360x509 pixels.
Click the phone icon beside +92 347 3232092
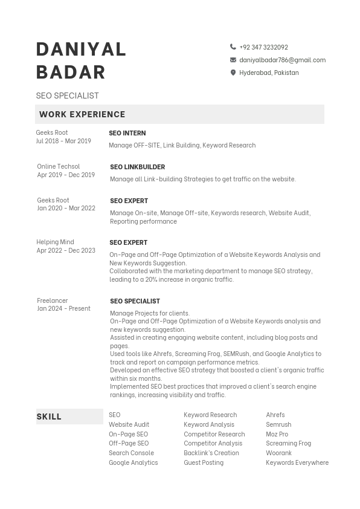(233, 47)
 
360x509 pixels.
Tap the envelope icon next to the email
(233, 60)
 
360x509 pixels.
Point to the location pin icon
(233, 73)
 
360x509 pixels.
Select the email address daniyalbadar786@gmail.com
(282, 60)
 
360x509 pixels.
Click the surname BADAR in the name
(71, 72)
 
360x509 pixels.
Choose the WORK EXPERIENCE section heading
(82, 114)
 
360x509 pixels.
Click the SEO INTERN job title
(127, 133)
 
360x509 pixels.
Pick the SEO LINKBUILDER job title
(137, 167)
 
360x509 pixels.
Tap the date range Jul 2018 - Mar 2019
(63, 141)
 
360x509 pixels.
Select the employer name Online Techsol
(58, 166)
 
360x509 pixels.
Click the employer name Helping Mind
(55, 242)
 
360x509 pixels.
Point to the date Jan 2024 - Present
(63, 308)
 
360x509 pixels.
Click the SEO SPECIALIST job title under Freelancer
(135, 301)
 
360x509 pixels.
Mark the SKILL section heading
(49, 417)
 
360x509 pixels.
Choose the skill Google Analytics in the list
(133, 462)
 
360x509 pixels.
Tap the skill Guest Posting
(204, 462)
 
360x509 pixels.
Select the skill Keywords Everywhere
(297, 462)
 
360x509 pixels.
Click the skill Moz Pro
(277, 434)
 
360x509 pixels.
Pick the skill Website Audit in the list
(129, 424)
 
